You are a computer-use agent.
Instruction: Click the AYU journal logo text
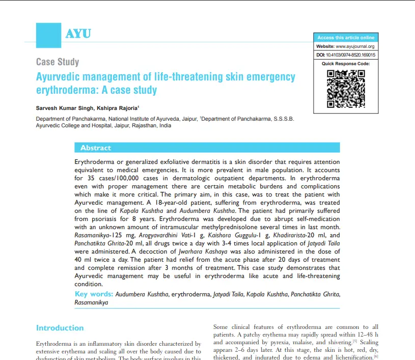pyautogui.click(x=78, y=34)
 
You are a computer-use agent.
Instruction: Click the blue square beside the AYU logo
pyautogui.click(x=48, y=35)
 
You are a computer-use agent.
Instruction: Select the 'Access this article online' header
pyautogui.click(x=346, y=38)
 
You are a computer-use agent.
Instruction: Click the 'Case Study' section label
pyautogui.click(x=58, y=62)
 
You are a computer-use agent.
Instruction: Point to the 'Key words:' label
pyautogui.click(x=94, y=294)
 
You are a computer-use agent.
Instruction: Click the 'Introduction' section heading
pyautogui.click(x=60, y=328)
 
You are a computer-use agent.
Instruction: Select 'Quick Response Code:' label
pyautogui.click(x=346, y=64)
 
